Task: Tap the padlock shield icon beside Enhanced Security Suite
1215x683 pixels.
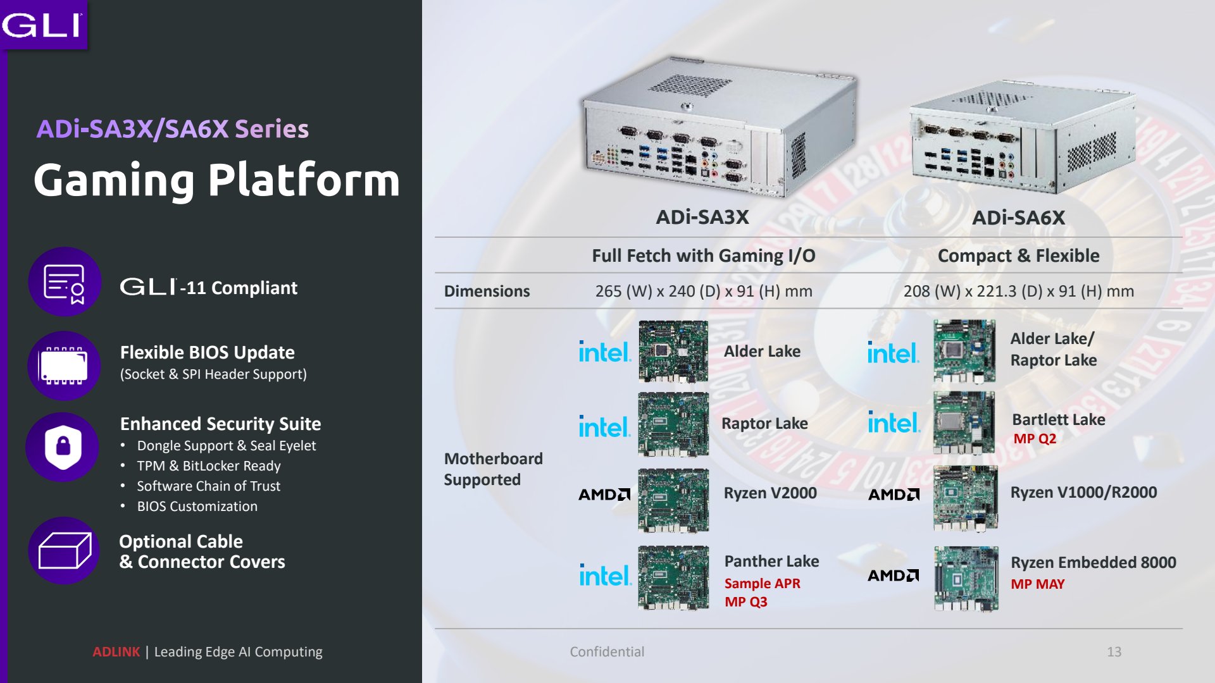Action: [x=63, y=446]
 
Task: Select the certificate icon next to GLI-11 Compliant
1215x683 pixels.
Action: [x=65, y=282]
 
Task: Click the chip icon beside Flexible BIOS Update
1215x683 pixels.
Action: [x=64, y=366]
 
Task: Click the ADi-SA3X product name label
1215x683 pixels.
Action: [x=702, y=218]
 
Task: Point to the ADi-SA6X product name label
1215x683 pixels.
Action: [x=1019, y=218]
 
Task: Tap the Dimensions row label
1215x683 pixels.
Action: [x=487, y=291]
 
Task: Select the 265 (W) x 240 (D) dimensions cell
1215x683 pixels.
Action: [x=704, y=291]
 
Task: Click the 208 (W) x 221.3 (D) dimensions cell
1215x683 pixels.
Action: [x=1019, y=291]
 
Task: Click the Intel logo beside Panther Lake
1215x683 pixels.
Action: [x=606, y=575]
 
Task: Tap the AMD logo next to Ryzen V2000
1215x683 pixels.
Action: [x=604, y=495]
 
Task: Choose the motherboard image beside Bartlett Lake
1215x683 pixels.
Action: [x=964, y=422]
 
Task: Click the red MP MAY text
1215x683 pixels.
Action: [x=1038, y=584]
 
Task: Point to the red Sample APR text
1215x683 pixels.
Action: [x=763, y=584]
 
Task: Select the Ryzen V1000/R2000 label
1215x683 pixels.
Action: [x=1083, y=493]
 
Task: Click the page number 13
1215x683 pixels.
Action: [x=1114, y=652]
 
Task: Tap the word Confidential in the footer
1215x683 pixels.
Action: [x=607, y=652]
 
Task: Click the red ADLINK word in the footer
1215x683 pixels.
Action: [x=116, y=652]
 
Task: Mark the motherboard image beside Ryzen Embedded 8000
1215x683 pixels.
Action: [x=966, y=579]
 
